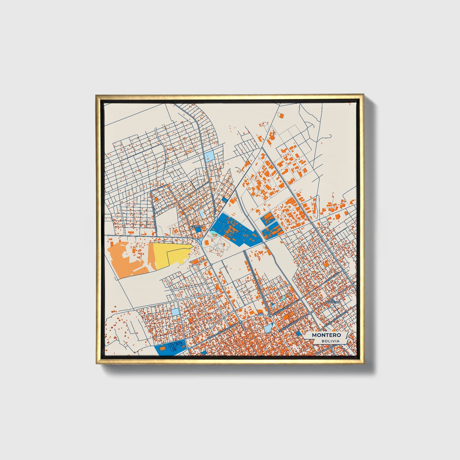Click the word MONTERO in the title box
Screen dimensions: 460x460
coord(326,335)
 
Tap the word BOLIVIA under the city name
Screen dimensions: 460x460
coord(330,341)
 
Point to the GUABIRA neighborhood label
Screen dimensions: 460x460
coord(196,226)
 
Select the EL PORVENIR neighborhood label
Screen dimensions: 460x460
coord(335,301)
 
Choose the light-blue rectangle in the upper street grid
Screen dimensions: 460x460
coord(210,156)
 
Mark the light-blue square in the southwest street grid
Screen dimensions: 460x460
coord(175,311)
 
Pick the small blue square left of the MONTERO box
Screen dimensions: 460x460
coord(299,333)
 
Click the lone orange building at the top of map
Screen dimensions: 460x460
coord(281,116)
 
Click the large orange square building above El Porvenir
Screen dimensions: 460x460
coord(326,263)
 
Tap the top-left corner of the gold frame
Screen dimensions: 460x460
coord(96,95)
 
